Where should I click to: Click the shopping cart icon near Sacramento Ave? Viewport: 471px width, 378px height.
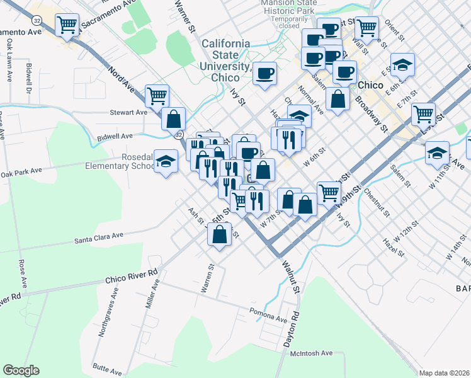66,25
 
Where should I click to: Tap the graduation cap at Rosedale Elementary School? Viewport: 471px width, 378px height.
166,162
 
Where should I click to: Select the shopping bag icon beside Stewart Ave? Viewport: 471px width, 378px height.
173,118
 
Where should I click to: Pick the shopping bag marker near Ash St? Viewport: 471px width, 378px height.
219,234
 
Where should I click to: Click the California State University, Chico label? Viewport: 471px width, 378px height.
225,60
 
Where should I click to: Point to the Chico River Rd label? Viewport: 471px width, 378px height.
131,277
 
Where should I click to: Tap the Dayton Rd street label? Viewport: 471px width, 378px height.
289,327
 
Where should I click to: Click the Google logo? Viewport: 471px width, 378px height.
21,370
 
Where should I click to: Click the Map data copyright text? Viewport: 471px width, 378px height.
444,373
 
